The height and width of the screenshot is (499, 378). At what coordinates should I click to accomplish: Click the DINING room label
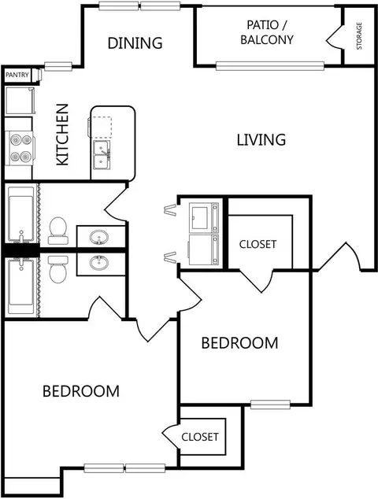(x=135, y=43)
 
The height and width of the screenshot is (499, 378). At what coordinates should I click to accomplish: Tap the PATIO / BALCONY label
(x=267, y=32)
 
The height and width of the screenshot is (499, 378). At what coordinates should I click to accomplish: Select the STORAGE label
(x=359, y=35)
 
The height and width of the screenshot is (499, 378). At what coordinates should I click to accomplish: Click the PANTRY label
(x=17, y=75)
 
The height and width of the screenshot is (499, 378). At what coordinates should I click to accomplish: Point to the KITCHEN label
(x=62, y=135)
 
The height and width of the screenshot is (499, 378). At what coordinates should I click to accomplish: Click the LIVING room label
(x=261, y=140)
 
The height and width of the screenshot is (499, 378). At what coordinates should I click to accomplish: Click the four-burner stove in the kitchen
(x=20, y=148)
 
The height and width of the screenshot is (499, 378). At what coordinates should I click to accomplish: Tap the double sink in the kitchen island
(x=102, y=155)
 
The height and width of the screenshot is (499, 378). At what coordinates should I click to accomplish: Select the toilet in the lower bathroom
(x=58, y=269)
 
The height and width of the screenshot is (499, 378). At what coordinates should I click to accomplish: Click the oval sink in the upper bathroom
(x=99, y=237)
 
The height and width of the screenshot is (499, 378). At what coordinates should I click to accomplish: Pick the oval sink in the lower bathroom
(x=99, y=263)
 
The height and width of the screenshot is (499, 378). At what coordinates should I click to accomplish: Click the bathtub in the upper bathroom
(x=20, y=215)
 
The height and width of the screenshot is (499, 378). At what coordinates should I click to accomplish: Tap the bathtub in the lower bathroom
(x=20, y=286)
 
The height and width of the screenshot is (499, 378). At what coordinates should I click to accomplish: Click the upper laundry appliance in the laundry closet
(x=204, y=217)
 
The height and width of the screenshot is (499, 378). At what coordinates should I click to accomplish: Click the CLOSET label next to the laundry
(x=258, y=244)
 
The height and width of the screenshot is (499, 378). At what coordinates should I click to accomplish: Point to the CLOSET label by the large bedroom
(x=200, y=437)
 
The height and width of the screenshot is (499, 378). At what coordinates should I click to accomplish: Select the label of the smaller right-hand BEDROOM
(x=239, y=342)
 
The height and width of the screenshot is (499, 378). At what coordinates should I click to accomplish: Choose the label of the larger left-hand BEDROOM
(x=81, y=391)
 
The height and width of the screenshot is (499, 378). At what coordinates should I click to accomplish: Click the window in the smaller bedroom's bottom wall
(x=270, y=405)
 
